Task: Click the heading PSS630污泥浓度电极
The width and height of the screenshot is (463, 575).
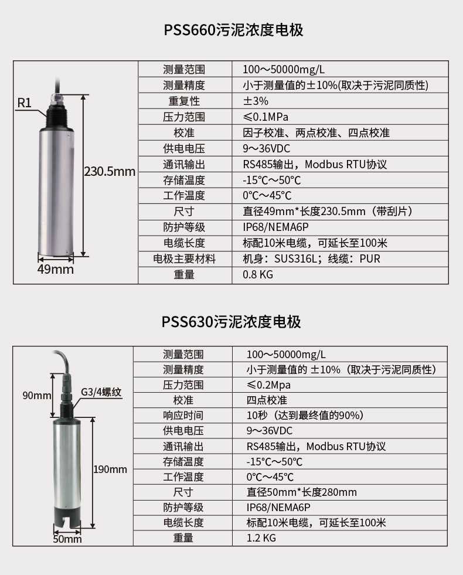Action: pos(231,321)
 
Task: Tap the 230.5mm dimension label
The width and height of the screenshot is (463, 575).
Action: pos(110,172)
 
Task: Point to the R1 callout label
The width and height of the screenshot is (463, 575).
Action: pos(24,103)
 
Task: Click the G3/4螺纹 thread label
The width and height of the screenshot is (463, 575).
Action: pos(101,392)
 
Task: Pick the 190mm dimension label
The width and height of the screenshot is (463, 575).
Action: pos(110,469)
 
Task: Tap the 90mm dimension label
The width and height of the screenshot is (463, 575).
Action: pos(38,395)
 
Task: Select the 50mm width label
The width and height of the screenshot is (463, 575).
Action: pos(67,539)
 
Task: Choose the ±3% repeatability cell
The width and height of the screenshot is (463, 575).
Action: pos(256,101)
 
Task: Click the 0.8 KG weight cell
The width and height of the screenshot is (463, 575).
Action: pos(258,274)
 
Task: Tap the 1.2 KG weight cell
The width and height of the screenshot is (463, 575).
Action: pos(261,537)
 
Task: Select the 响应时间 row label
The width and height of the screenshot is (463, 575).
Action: pos(183,416)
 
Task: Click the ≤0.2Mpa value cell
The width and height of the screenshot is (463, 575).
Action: pos(268,385)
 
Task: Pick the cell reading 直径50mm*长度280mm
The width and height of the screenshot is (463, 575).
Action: pos(301,492)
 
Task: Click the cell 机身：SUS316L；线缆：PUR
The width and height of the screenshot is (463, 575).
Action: pos(311,258)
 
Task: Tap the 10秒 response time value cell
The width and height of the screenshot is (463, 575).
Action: pos(305,416)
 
